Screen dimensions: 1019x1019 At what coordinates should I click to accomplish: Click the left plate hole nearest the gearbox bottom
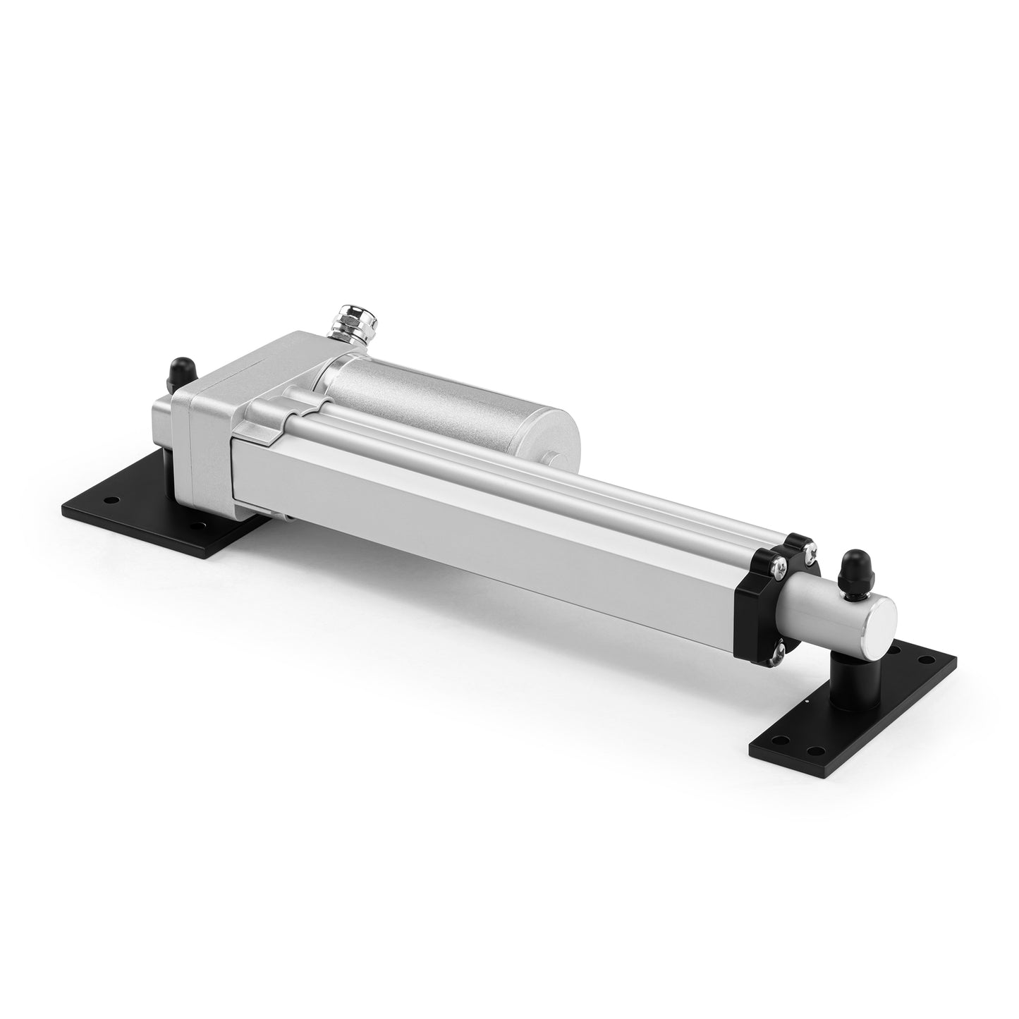(x=202, y=525)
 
